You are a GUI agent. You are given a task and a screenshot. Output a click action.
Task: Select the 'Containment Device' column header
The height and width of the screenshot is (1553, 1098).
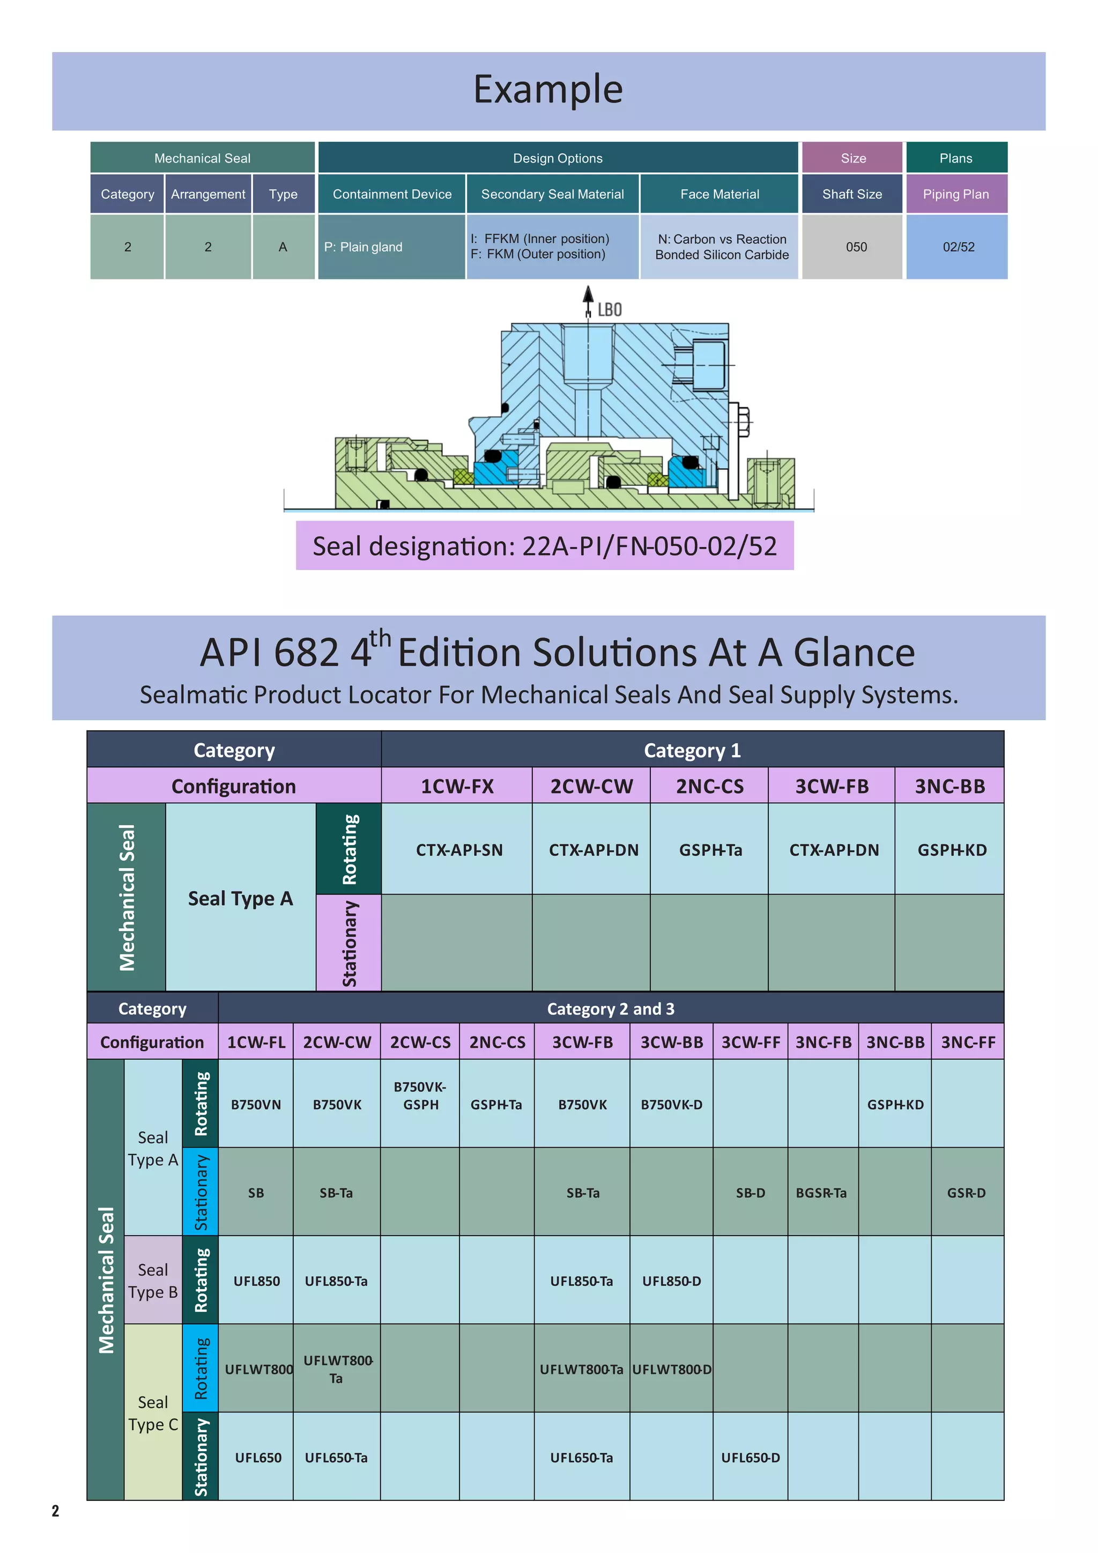[392, 194]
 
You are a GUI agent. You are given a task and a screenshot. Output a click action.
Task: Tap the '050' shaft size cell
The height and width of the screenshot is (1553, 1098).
[856, 247]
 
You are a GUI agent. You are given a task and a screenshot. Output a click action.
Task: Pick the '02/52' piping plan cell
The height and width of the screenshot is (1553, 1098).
[958, 247]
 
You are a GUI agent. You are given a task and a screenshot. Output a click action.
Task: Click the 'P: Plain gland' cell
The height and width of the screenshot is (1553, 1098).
[363, 247]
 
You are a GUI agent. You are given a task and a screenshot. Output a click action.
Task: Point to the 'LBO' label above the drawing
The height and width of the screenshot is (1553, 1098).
[609, 310]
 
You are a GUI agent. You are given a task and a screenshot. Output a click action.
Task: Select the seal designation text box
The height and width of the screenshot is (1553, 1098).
[544, 546]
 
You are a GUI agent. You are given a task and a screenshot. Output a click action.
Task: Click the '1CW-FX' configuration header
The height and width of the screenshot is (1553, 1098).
[457, 786]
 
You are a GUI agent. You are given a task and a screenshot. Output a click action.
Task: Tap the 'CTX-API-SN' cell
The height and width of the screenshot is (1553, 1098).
[459, 850]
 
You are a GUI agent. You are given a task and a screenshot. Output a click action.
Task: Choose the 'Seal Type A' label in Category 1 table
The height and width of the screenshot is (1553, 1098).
[240, 898]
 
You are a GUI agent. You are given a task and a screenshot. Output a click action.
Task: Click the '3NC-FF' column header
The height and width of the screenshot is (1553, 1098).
[968, 1042]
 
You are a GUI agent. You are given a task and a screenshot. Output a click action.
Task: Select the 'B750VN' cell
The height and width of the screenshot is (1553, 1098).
[256, 1105]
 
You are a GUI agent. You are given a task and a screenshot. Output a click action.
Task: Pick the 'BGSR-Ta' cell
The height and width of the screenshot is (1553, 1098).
[821, 1193]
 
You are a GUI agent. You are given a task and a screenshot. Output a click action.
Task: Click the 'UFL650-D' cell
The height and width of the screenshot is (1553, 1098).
[750, 1458]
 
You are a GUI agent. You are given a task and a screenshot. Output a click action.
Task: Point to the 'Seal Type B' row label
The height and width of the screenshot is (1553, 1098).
[153, 1281]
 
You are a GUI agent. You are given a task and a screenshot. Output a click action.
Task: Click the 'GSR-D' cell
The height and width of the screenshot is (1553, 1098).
[966, 1193]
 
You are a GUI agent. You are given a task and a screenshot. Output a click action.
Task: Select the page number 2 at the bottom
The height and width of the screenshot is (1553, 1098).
[55, 1511]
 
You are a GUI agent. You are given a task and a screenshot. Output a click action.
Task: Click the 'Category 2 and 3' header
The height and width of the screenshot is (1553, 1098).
[611, 1009]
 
